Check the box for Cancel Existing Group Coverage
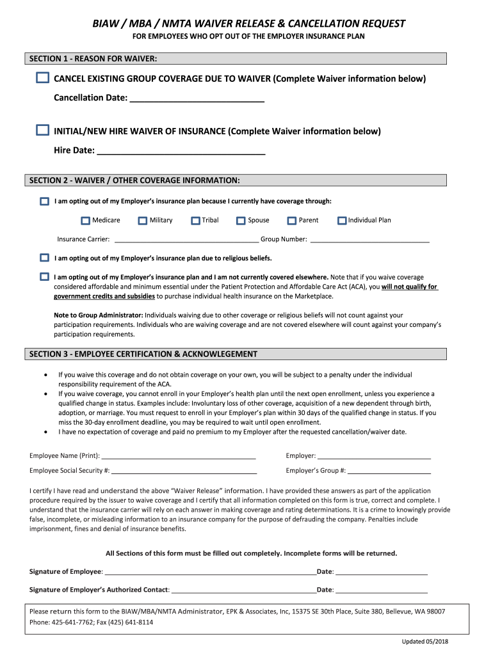pyautogui.click(x=42, y=78)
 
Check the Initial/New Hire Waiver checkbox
pyautogui.click(x=42, y=130)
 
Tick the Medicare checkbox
pyautogui.click(x=86, y=221)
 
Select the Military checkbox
pyautogui.click(x=143, y=221)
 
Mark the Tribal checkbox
pyautogui.click(x=195, y=221)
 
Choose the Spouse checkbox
pyautogui.click(x=241, y=221)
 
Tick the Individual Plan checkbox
pyautogui.click(x=342, y=221)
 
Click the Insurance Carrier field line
pyautogui.click(x=185, y=241)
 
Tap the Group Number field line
pyautogui.click(x=369, y=241)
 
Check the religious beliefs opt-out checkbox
pyautogui.click(x=44, y=258)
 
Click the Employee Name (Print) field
pyautogui.click(x=179, y=457)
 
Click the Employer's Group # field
pyautogui.click(x=389, y=471)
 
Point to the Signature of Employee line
pyautogui.click(x=210, y=572)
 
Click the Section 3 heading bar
pyautogui.click(x=236, y=354)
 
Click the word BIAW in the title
pyautogui.click(x=106, y=24)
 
